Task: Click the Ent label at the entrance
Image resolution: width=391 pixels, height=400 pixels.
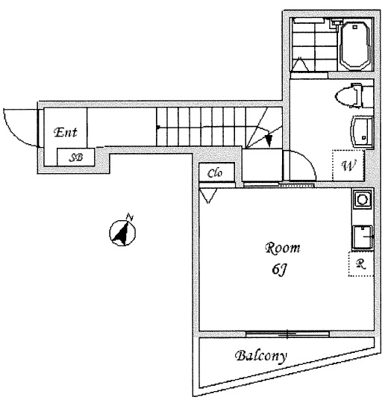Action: point(66,132)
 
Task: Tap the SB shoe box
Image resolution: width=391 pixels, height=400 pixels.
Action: point(75,157)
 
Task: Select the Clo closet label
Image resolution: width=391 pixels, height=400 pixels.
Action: point(215,173)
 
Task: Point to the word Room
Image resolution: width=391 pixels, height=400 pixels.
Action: point(283,249)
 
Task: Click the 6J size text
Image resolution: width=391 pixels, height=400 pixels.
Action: point(280,269)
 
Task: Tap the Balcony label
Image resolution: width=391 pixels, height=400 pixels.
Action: point(261,356)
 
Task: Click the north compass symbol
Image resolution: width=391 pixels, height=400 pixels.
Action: point(122,232)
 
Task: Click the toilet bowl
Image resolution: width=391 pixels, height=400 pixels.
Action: point(348,96)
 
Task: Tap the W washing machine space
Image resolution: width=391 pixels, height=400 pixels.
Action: point(348,165)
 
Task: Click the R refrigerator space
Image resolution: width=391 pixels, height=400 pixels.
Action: point(361,264)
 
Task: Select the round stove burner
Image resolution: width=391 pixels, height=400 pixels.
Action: point(362,199)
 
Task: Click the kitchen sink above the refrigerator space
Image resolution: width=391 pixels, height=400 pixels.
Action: point(363,237)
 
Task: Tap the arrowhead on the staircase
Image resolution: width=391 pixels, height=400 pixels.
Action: point(269,140)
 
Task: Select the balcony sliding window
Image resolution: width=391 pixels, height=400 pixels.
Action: point(288,334)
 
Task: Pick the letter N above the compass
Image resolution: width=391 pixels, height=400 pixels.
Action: point(130,218)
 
